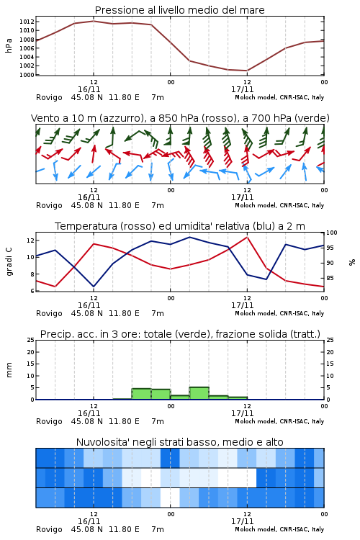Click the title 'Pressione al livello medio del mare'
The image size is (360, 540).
179,10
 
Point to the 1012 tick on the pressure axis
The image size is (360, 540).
27,22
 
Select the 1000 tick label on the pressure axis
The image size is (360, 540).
27,75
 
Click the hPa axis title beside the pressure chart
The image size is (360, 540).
9,45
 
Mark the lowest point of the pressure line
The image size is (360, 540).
247,71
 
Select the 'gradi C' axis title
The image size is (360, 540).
9,261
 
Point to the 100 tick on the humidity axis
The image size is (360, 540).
332,233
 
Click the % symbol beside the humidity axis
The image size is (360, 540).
352,262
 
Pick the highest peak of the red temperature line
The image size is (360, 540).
247,237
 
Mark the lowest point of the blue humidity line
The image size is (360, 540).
94,287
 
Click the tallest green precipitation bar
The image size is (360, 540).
199,393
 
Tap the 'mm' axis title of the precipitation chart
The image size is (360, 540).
9,370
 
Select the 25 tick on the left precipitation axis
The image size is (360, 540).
31,340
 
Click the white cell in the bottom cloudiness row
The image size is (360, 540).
170,498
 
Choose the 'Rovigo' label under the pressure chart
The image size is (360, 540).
49,97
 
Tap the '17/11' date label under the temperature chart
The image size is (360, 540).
242,305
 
